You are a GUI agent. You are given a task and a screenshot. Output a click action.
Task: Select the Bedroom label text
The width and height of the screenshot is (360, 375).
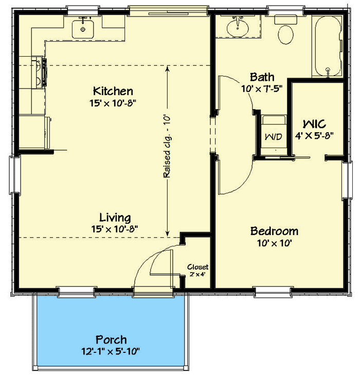click(274, 230)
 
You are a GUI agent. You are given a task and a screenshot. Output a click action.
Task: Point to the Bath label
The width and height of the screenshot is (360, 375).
click(262, 77)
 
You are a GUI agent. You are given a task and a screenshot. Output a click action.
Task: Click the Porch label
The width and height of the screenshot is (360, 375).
click(111, 340)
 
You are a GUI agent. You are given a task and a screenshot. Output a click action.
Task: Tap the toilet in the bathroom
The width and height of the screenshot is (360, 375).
click(285, 32)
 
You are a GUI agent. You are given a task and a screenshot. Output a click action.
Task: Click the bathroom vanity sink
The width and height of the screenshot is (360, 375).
click(238, 26)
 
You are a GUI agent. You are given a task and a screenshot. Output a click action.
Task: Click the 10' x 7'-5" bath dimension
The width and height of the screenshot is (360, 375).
click(262, 88)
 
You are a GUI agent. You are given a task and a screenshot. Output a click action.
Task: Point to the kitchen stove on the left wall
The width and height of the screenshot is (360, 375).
click(40, 72)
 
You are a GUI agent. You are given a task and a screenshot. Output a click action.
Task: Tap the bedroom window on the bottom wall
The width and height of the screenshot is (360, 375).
click(273, 292)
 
